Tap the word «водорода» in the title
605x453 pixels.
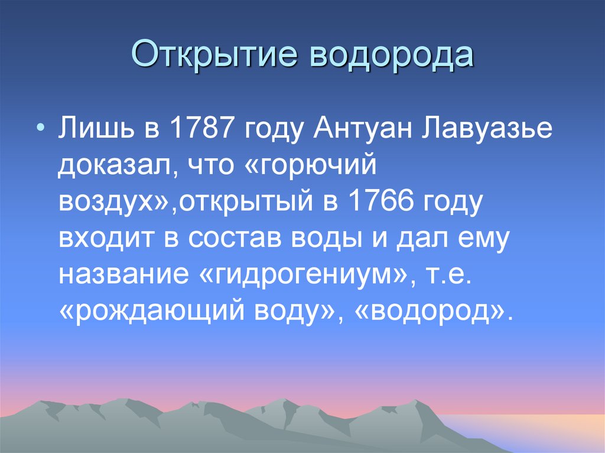[388, 54]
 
